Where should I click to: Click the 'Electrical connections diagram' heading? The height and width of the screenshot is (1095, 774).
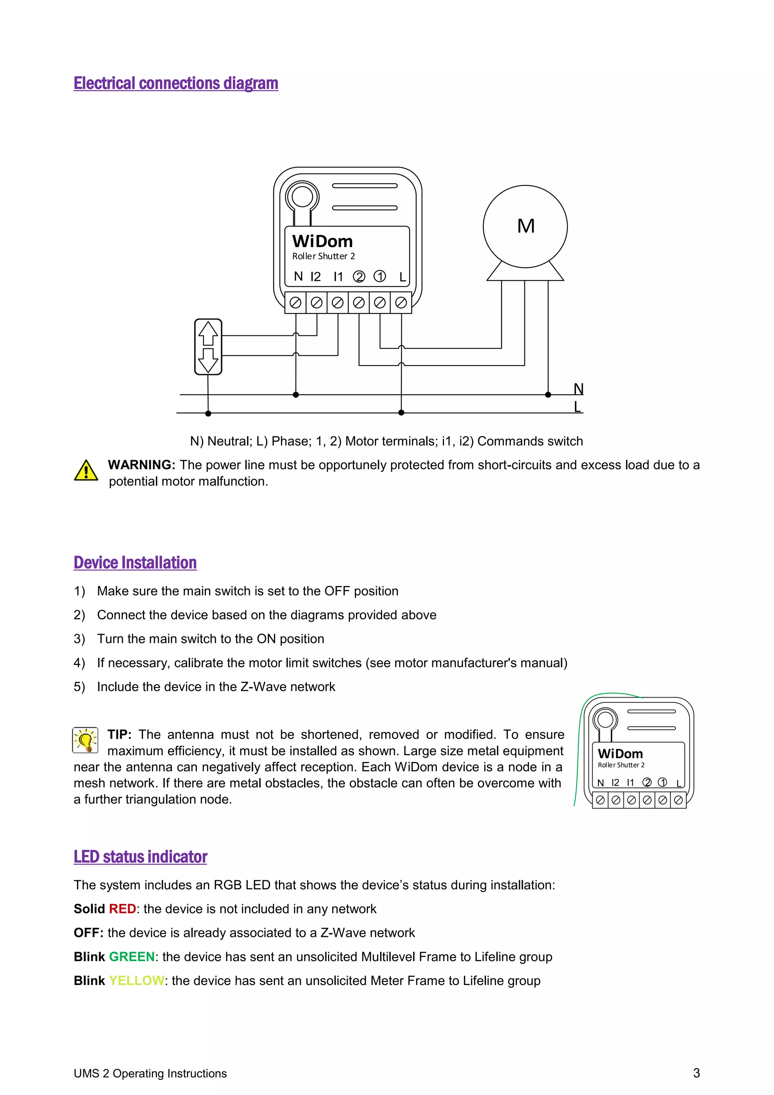(175, 84)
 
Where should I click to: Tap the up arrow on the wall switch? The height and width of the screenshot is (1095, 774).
(208, 333)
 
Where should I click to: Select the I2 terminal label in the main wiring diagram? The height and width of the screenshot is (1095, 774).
(316, 277)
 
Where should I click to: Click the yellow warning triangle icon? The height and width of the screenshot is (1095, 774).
(86, 471)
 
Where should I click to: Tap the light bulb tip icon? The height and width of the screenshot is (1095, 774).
(85, 740)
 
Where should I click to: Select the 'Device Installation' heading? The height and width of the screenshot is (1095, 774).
(135, 563)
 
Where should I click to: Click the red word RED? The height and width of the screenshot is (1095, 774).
(122, 909)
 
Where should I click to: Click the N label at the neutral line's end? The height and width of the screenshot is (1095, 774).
(578, 389)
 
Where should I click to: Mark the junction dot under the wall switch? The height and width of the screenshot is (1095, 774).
(208, 414)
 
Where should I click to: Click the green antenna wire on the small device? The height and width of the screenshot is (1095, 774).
(578, 754)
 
